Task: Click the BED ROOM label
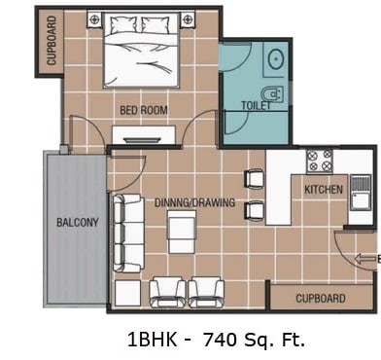[x=144, y=110]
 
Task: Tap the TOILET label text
[x=256, y=105]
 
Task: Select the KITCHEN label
[x=324, y=189]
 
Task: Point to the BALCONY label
[x=78, y=222]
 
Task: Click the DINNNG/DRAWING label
[x=194, y=202]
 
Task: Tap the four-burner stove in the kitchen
[x=320, y=162]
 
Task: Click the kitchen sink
[x=361, y=193]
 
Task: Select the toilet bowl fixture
[x=273, y=94]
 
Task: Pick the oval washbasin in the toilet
[x=276, y=59]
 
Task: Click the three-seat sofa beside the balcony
[x=128, y=234]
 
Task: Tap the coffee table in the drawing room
[x=182, y=232]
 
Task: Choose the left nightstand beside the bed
[x=94, y=19]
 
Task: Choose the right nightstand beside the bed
[x=187, y=19]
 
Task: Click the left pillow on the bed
[x=123, y=24]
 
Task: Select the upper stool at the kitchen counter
[x=255, y=178]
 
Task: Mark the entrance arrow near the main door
[x=364, y=259]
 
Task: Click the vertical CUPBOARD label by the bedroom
[x=52, y=41]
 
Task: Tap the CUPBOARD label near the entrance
[x=321, y=299]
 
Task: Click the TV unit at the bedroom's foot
[x=144, y=134]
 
